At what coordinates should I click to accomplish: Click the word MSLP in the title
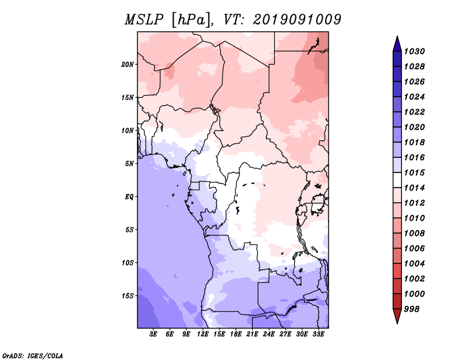144,20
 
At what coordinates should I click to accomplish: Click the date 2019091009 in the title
297,20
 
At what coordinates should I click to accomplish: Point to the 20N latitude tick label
128,65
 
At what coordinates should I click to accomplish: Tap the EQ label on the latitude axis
129,197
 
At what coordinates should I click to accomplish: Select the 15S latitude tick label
128,296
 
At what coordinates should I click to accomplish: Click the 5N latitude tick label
129,164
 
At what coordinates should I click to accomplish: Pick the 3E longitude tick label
153,334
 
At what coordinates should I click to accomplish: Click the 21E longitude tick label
252,334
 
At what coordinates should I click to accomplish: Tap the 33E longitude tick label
318,334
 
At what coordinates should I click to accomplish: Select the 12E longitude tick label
203,334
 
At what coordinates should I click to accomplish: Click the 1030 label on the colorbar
414,51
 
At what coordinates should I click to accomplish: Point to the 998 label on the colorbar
412,309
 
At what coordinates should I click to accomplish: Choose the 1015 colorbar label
414,172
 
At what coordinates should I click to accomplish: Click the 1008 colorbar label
414,234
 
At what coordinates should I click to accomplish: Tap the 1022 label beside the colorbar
414,112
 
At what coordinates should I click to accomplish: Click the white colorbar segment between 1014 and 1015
397,180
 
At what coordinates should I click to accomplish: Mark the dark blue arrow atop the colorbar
397,44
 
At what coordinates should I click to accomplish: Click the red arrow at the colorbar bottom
397,316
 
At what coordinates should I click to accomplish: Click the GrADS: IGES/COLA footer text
33,355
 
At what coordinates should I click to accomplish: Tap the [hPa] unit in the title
191,20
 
